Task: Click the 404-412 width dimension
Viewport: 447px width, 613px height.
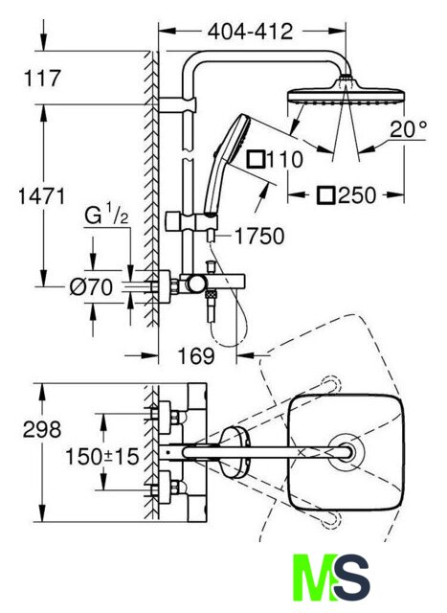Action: pos(250,32)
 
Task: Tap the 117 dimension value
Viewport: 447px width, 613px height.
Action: pos(42,79)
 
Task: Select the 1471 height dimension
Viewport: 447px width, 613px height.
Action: pos(42,196)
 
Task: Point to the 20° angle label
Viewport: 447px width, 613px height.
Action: pos(409,128)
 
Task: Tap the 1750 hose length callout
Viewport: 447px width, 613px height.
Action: pos(259,237)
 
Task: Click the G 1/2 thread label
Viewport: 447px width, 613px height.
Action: pos(106,216)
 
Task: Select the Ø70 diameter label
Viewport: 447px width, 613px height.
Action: pos(91,287)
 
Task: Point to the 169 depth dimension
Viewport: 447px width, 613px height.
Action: pos(196,355)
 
